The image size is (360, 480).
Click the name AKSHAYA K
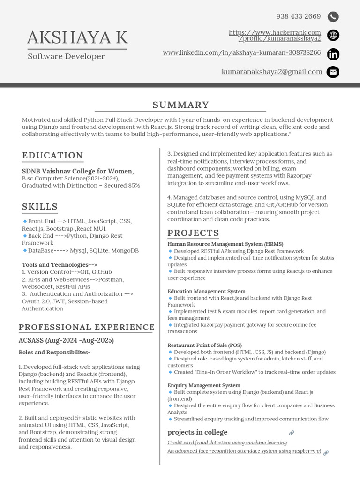coord(77,37)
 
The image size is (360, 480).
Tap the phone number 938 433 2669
coord(298,16)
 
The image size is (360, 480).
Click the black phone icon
coord(333,17)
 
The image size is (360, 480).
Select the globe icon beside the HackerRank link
coord(333,35)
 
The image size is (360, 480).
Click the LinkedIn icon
coord(333,54)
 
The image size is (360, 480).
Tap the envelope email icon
coord(333,72)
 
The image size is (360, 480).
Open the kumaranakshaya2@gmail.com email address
coord(272,72)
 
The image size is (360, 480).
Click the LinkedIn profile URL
coord(241,53)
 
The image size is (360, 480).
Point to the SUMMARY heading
coord(180,105)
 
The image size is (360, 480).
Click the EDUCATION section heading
coord(52,156)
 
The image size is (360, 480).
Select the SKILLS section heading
coord(40,207)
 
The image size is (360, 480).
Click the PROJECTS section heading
coord(193,233)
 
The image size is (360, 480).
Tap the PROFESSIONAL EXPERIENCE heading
coord(86,327)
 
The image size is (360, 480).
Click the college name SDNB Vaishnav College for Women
coord(78,171)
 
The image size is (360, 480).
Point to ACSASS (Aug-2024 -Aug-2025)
coord(66,340)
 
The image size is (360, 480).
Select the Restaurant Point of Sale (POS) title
coord(204,345)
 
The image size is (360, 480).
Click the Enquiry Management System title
coord(203,385)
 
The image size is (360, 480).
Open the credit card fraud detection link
coord(227,442)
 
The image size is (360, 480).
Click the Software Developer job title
coord(66,57)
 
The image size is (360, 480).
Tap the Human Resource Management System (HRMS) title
coord(225,244)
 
